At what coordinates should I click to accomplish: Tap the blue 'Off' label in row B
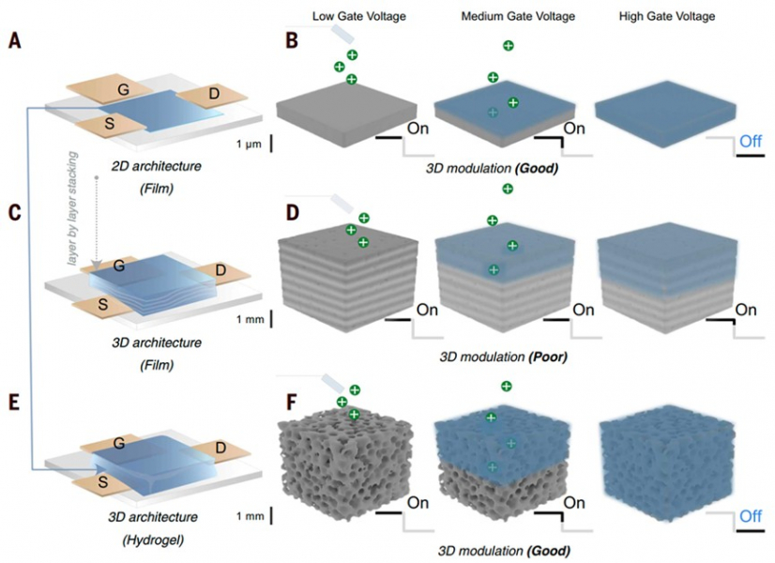[750, 142]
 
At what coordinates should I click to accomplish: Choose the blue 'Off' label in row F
[750, 516]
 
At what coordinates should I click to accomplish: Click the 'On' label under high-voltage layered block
[747, 310]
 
